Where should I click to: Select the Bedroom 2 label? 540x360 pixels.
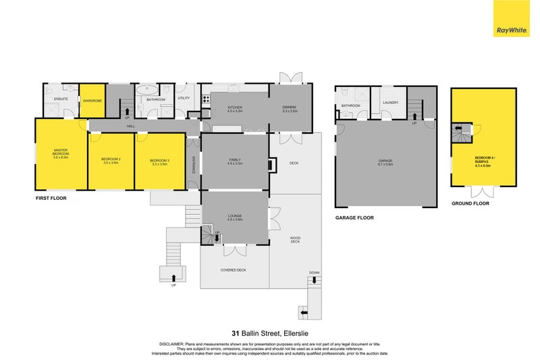tap(111, 161)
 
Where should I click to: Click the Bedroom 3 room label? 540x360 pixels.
tap(159, 161)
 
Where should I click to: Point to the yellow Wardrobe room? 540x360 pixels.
tap(92, 101)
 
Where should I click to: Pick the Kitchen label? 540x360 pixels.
tap(235, 107)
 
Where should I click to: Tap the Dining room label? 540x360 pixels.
tap(290, 107)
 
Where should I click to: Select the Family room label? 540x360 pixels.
tap(234, 161)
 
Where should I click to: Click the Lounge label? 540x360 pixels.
tap(234, 216)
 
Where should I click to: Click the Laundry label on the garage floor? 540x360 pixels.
tap(390, 103)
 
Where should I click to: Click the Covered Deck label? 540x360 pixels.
tap(234, 269)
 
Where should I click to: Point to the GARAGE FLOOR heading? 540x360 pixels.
tap(354, 218)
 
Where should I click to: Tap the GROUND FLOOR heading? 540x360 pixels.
tap(470, 203)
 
